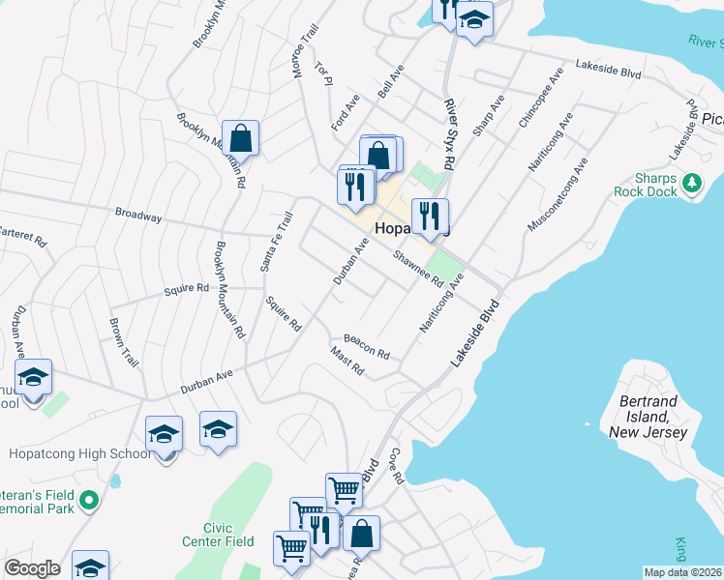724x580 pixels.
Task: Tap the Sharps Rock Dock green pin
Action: (x=691, y=182)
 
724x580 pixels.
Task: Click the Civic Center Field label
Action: (x=202, y=535)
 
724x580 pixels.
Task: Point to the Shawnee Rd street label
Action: (x=418, y=269)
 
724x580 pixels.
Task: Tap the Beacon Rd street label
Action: (x=366, y=346)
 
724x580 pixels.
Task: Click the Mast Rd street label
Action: (x=347, y=363)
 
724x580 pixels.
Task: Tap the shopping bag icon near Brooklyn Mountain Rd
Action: (x=241, y=137)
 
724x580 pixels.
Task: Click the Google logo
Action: (x=32, y=568)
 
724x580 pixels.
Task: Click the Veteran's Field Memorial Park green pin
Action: (x=90, y=500)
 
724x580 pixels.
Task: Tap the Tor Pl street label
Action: (x=323, y=75)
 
